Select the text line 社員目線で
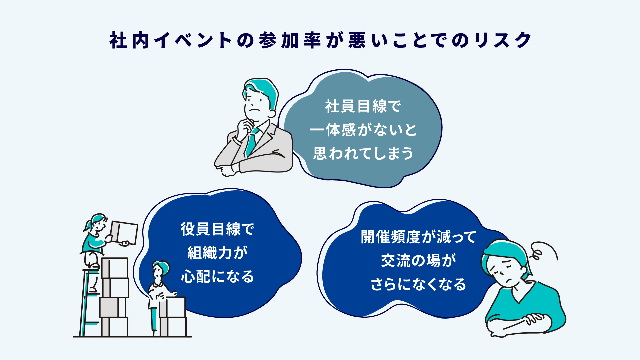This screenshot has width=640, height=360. (x=363, y=106)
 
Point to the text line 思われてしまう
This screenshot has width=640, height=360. (x=363, y=154)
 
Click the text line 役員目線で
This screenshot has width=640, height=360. (x=217, y=229)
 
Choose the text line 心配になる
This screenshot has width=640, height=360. (x=217, y=277)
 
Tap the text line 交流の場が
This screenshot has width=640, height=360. (x=418, y=261)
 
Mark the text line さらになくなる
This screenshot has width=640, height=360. (x=418, y=284)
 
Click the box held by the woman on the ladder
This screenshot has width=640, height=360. (x=124, y=232)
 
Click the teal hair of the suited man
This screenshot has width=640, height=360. (x=263, y=88)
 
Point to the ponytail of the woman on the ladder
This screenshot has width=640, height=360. (x=87, y=225)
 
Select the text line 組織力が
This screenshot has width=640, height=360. (x=217, y=253)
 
